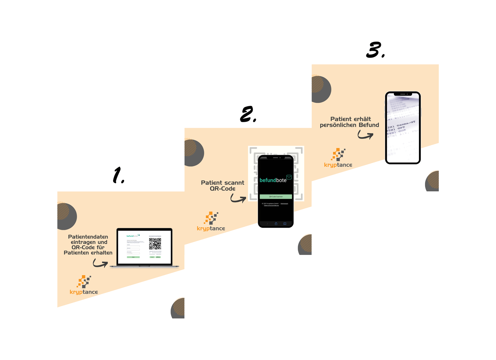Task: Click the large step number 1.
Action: pos(118,175)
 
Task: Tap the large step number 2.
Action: pos(247,114)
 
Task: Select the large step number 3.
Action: pos(374,50)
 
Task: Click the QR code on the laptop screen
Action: pos(155,244)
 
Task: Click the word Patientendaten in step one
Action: pos(88,237)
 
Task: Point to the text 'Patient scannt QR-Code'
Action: pos(223,186)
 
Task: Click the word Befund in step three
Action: pos(369,125)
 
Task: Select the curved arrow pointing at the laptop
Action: pos(100,263)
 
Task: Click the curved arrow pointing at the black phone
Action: pos(238,198)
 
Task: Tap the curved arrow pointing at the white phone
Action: pos(365,135)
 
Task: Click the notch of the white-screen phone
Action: pos(403,94)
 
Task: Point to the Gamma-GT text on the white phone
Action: pos(406,124)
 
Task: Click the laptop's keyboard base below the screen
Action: pos(144,266)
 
